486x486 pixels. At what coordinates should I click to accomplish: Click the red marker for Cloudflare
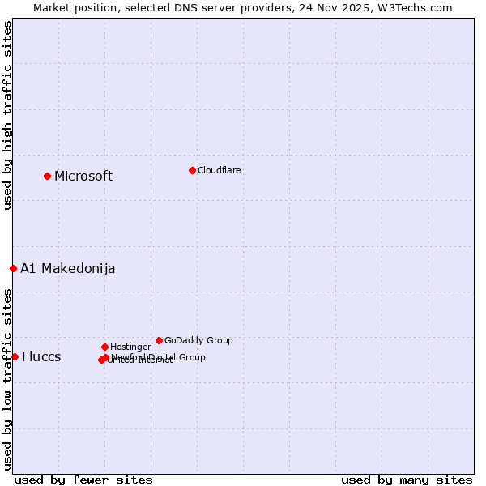tap(192, 170)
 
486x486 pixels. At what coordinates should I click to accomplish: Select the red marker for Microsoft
tap(47, 176)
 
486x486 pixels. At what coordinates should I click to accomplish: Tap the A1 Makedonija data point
tap(13, 268)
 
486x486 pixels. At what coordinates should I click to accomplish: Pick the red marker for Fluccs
tap(15, 356)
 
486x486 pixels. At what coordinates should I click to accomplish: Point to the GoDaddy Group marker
tap(159, 340)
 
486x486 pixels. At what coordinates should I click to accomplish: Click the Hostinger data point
tap(104, 347)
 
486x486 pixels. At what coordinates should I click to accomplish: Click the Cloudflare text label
tap(219, 170)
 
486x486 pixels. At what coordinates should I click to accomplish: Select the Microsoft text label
tap(83, 176)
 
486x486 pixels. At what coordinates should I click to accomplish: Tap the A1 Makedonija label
tap(68, 268)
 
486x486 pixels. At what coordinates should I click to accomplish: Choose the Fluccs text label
tap(41, 356)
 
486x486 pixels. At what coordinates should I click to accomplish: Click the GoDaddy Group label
tap(198, 340)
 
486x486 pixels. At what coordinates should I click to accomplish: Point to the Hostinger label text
tap(130, 347)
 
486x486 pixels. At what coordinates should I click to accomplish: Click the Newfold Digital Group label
tap(158, 357)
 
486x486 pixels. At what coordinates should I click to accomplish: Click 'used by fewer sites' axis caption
tap(83, 480)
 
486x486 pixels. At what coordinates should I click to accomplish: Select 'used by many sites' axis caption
tap(407, 480)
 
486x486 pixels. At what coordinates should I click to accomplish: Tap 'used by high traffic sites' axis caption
tap(8, 115)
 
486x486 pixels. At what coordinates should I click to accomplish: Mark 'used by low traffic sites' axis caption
tap(8, 378)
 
